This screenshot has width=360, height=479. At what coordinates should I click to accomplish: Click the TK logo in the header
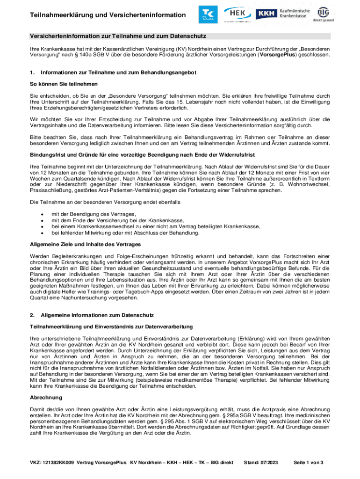tap(207, 15)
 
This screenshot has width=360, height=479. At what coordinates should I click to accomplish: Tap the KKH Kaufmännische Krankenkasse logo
tap(290, 14)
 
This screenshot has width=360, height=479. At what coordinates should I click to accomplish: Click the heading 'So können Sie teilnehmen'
tap(64, 84)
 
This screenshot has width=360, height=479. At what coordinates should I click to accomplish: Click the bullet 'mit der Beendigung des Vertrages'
tap(90, 214)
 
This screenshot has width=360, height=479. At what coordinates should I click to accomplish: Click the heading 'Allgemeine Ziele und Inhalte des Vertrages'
tap(86, 244)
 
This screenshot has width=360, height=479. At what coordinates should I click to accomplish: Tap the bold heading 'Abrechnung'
tap(46, 397)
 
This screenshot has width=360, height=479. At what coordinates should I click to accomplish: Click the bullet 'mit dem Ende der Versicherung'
tap(117, 220)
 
